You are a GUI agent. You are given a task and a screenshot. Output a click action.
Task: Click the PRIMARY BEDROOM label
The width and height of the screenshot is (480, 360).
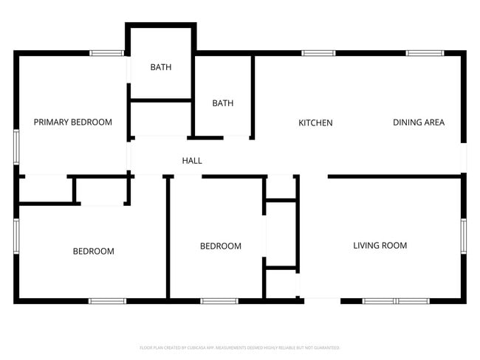pyautogui.click(x=73, y=122)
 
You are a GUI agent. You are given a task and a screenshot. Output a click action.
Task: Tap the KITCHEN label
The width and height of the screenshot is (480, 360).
pyautogui.click(x=315, y=122)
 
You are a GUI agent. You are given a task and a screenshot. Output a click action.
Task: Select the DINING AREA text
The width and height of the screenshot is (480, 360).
pyautogui.click(x=419, y=122)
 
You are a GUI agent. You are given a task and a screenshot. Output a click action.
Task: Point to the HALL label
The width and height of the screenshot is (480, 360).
pyautogui.click(x=192, y=160)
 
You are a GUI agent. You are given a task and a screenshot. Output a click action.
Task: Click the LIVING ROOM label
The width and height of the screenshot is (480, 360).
pyautogui.click(x=380, y=246)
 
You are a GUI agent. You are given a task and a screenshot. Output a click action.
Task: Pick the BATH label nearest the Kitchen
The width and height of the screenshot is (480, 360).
pyautogui.click(x=222, y=103)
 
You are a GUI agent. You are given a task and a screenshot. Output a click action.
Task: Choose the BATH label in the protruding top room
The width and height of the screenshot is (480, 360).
pyautogui.click(x=161, y=67)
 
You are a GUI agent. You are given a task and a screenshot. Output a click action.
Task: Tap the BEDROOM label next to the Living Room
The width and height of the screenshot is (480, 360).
pyautogui.click(x=221, y=246)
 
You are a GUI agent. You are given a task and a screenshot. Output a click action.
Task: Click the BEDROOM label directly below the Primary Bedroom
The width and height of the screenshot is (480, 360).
pyautogui.click(x=93, y=251)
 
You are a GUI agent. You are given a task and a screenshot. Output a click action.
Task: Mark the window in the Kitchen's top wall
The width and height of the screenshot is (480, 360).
pyautogui.click(x=318, y=52)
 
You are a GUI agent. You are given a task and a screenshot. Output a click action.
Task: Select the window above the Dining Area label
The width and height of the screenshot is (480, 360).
pyautogui.click(x=425, y=52)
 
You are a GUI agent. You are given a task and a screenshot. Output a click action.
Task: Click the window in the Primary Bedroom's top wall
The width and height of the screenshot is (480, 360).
pyautogui.click(x=106, y=52)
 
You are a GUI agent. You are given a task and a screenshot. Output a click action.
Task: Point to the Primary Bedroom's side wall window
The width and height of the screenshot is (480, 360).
pyautogui.click(x=16, y=146)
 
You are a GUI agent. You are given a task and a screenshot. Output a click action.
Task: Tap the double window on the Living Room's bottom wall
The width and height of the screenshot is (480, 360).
pyautogui.click(x=396, y=301)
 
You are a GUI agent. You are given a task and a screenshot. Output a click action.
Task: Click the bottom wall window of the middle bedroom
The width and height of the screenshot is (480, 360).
pyautogui.click(x=219, y=301)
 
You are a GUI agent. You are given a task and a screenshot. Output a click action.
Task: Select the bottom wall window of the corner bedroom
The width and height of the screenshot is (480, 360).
pyautogui.click(x=107, y=301)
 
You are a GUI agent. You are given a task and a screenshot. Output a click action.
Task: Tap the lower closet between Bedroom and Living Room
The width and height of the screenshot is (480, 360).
pyautogui.click(x=281, y=283)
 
